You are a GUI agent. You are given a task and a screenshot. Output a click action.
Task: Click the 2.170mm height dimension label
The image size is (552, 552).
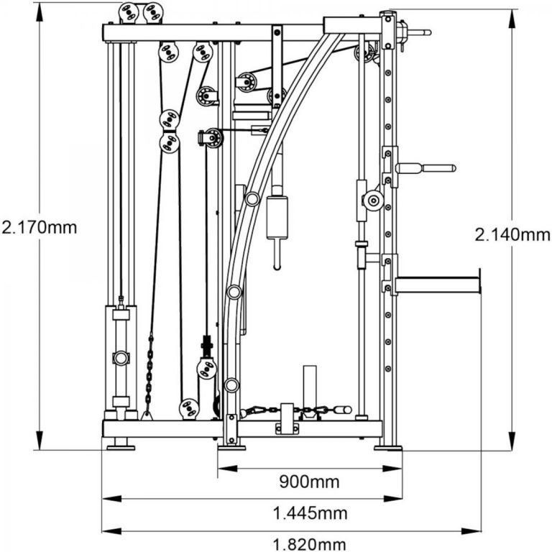[40, 229]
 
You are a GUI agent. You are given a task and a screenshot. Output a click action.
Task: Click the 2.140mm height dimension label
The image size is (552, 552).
[512, 234]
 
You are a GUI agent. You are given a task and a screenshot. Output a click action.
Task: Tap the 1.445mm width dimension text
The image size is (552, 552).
[310, 513]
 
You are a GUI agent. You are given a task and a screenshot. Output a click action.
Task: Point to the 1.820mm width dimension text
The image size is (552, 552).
[310, 544]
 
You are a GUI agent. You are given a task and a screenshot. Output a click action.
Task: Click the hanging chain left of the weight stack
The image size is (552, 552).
[149, 374]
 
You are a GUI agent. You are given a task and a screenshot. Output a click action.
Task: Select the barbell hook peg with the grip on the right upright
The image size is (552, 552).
[424, 168]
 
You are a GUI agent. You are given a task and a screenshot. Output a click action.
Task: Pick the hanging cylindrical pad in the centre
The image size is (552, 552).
[277, 216]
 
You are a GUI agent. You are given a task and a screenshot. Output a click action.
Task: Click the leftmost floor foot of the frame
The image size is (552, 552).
[120, 447]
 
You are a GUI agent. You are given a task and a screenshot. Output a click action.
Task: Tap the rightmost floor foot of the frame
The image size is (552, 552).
[388, 447]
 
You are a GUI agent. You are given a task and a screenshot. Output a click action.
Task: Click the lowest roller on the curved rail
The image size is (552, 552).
[231, 385]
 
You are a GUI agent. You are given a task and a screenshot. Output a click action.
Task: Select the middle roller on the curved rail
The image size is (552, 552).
[234, 292]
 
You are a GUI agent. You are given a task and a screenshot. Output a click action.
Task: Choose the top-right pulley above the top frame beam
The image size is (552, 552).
[151, 12]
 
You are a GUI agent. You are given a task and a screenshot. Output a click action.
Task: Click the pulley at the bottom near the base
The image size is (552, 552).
[189, 408]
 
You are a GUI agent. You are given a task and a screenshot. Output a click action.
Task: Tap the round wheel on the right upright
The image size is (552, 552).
[372, 201]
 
